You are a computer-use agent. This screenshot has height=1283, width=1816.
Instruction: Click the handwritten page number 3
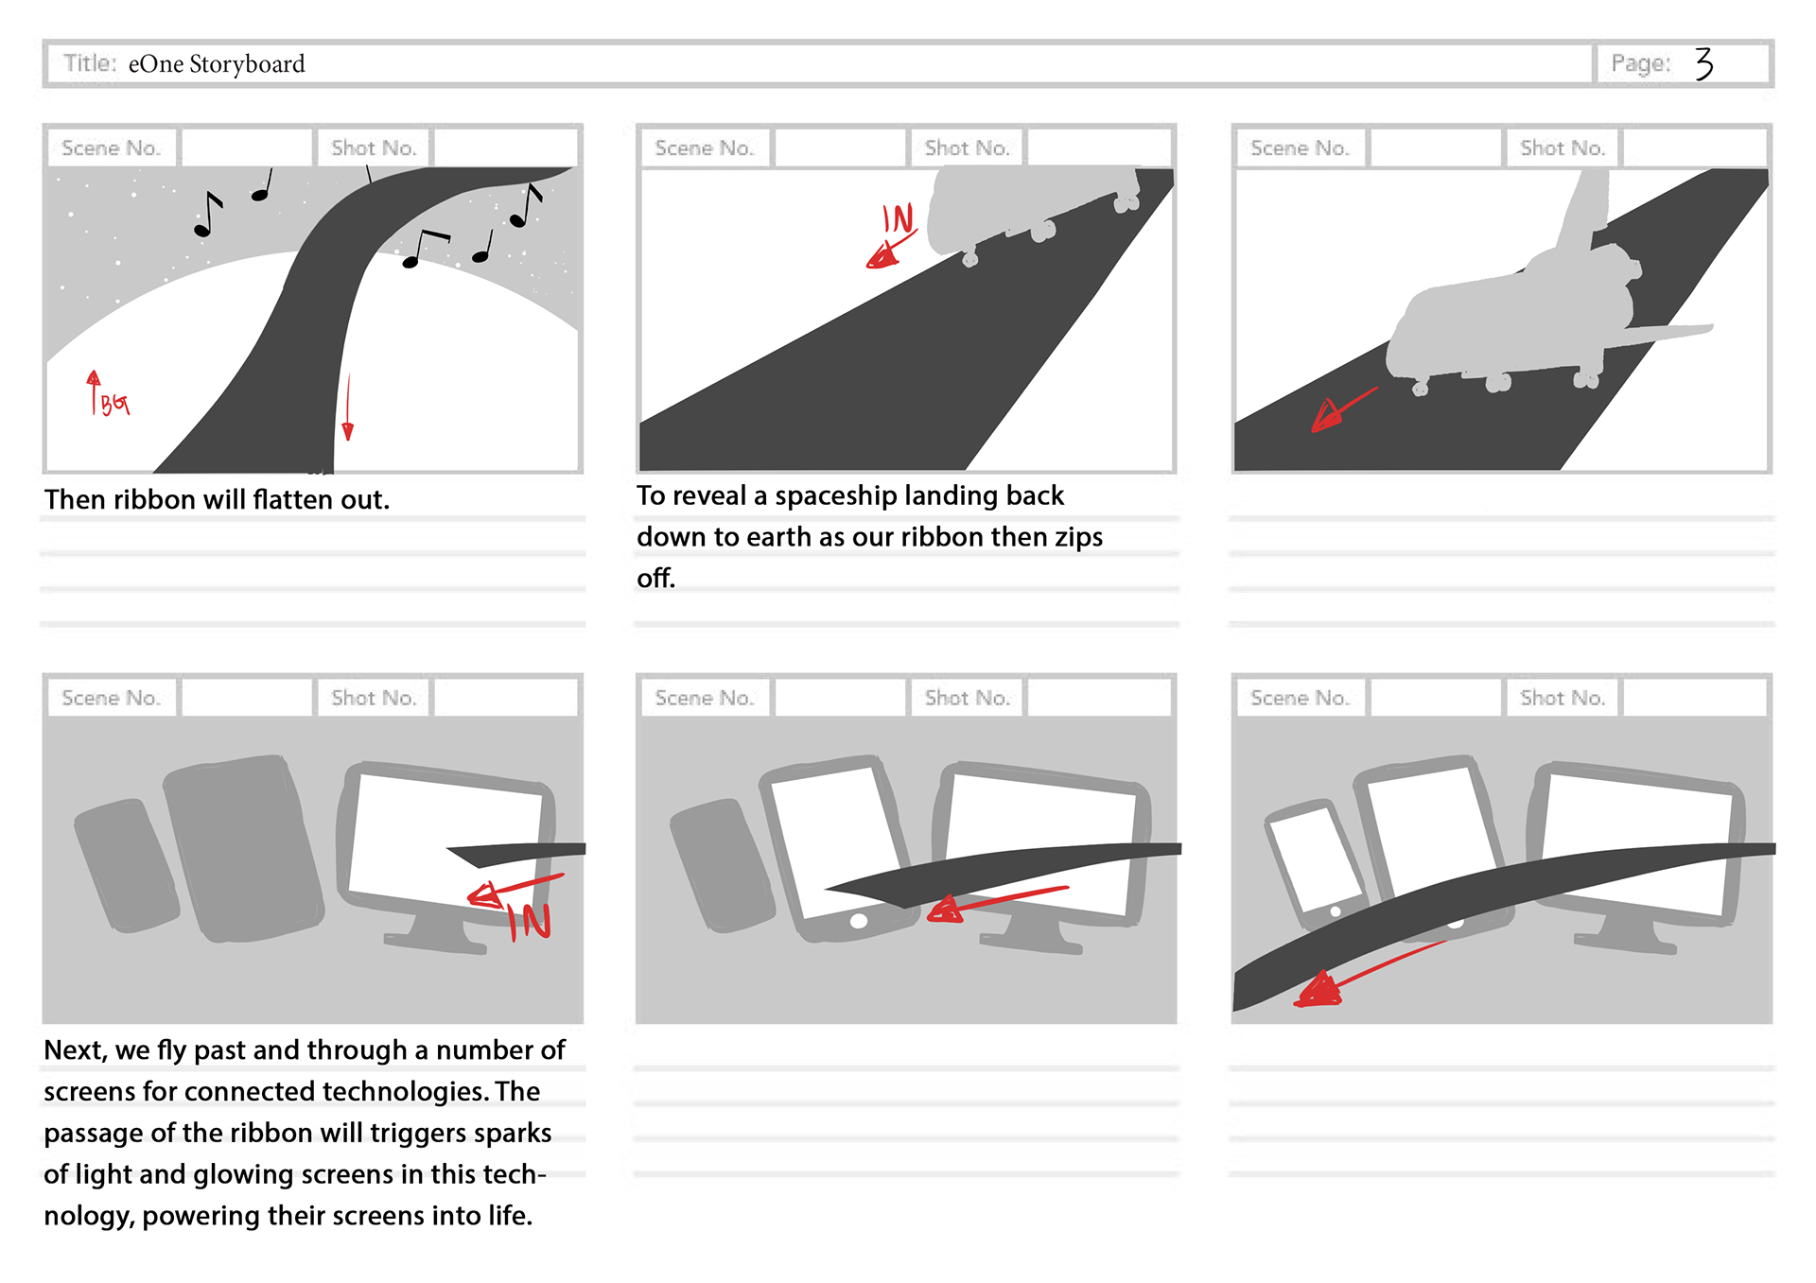tap(1703, 63)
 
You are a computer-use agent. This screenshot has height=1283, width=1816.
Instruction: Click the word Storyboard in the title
tap(247, 64)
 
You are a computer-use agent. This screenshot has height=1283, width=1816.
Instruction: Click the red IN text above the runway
tap(898, 218)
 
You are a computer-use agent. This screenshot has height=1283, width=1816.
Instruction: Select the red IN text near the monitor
tap(530, 921)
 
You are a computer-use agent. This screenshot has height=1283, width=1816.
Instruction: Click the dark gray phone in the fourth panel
tap(126, 864)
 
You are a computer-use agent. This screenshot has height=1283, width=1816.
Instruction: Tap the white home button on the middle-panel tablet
tap(859, 921)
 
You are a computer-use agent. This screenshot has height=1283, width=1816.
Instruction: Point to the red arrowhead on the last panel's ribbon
tap(1318, 990)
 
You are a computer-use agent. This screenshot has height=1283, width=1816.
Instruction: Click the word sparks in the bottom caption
tap(516, 1133)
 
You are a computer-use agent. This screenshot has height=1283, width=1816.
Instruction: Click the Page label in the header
tap(1640, 63)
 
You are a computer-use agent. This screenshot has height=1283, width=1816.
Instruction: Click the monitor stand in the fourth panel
tap(436, 930)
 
